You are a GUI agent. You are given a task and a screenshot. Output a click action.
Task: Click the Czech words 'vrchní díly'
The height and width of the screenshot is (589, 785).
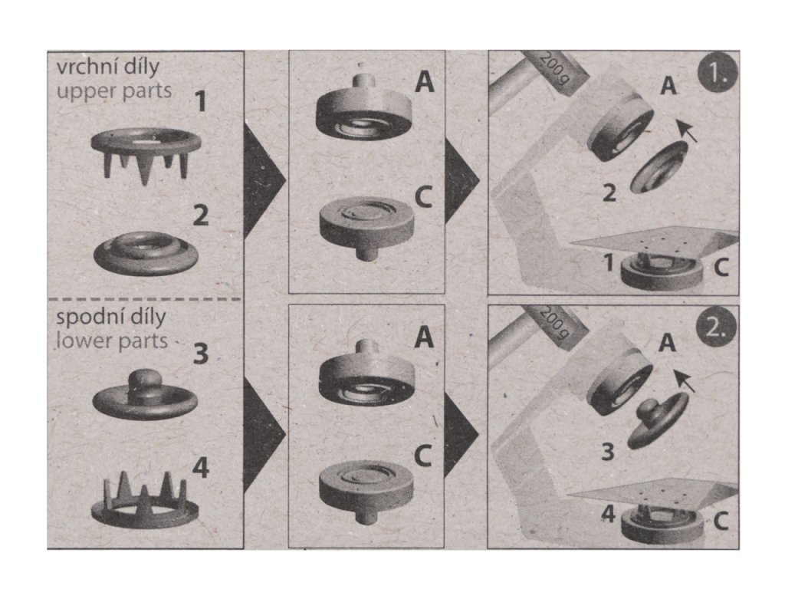tap(107, 67)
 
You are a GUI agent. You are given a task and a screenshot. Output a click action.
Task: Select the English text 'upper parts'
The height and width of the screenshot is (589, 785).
tap(114, 91)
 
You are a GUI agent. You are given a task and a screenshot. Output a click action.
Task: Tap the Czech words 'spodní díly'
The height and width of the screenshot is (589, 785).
tap(110, 317)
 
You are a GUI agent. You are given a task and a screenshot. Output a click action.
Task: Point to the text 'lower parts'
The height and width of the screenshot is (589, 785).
tap(112, 341)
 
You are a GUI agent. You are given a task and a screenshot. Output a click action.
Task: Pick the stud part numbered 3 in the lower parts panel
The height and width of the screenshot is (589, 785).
tap(145, 394)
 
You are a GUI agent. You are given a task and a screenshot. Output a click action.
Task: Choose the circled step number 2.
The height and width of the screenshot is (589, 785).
tap(717, 327)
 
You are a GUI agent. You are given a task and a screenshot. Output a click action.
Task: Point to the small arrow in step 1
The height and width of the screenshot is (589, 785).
tap(686, 130)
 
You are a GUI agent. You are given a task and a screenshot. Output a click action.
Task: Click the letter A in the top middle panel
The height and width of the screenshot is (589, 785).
tap(425, 81)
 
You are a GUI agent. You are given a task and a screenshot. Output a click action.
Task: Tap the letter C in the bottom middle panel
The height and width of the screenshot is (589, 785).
tap(423, 456)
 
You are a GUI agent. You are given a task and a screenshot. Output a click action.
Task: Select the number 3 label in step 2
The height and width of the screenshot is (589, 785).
tap(607, 451)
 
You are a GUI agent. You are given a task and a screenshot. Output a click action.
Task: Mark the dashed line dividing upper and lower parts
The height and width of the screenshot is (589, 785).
tap(144, 300)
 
